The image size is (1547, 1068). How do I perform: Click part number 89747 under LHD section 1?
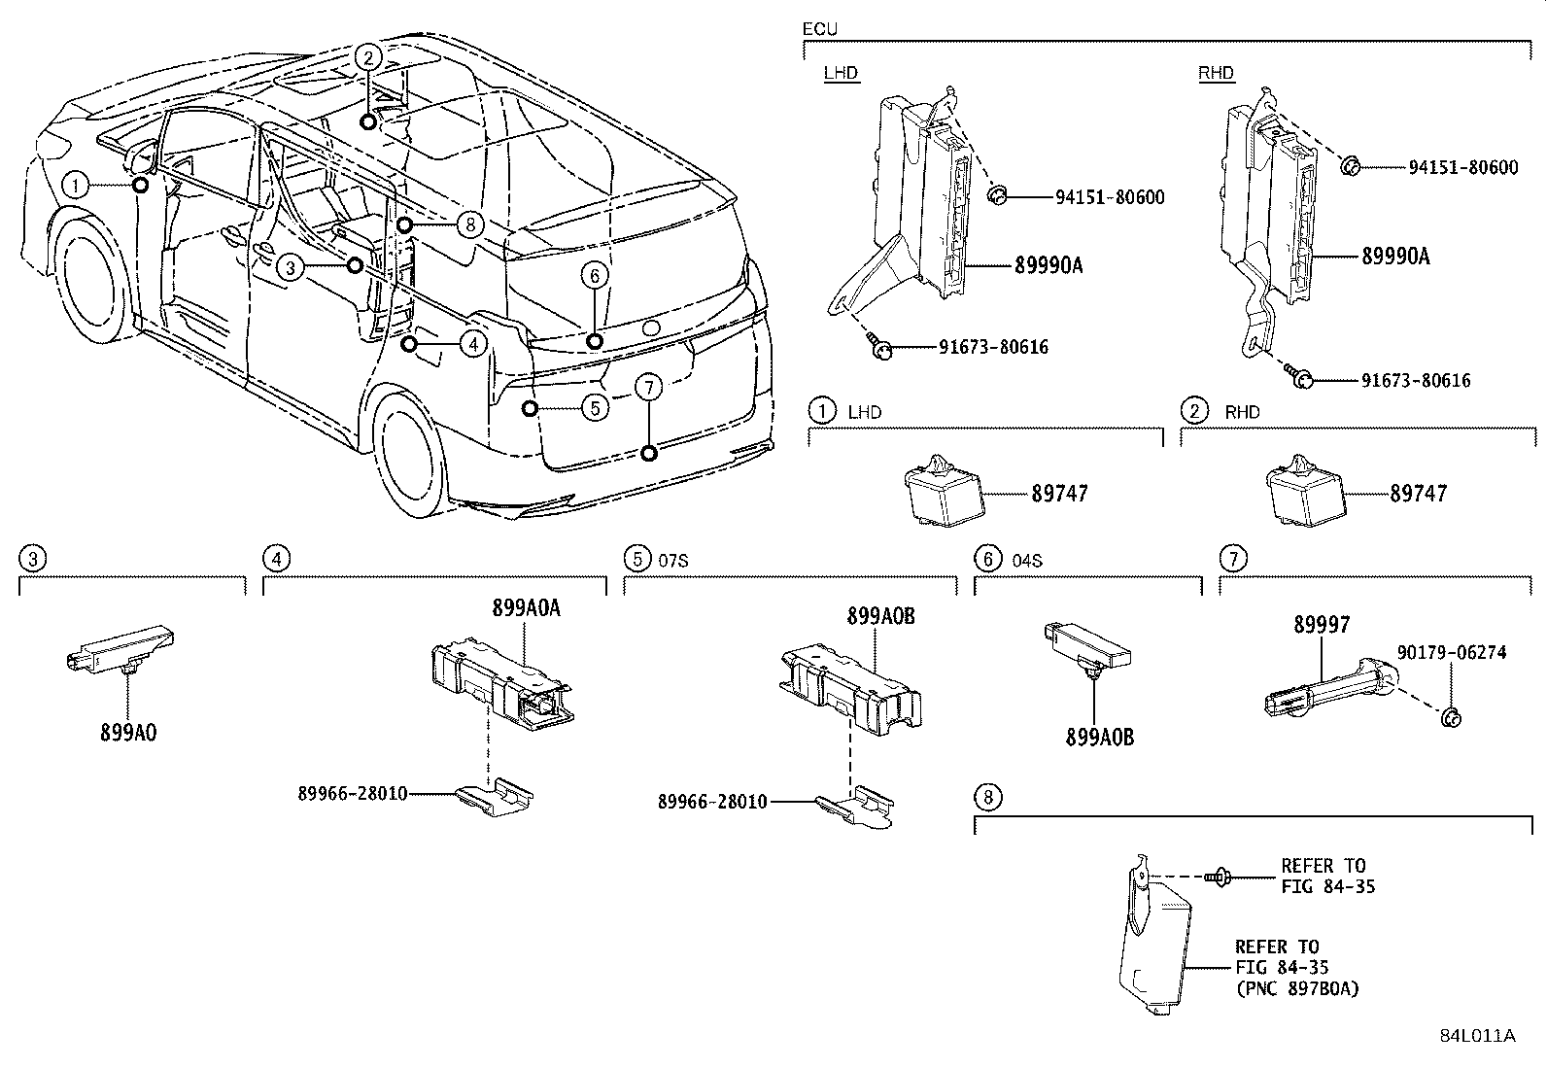point(1059,494)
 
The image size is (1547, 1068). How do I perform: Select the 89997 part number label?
point(1321,626)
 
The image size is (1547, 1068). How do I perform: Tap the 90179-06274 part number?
point(1452,653)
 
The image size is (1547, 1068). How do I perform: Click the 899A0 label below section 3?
point(127,732)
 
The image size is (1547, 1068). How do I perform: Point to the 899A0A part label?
point(526,608)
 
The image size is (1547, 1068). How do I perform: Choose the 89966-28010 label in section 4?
point(352,794)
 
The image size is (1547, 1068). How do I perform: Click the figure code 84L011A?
point(1477,1036)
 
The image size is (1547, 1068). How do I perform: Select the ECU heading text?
point(819,29)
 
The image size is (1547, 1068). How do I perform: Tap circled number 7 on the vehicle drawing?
point(648,388)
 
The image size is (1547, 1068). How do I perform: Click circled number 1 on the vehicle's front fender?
point(77,185)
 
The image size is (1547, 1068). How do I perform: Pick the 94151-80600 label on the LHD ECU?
point(1110,197)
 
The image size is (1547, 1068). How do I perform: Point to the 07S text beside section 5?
point(673,560)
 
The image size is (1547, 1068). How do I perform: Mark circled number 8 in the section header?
point(986,798)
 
